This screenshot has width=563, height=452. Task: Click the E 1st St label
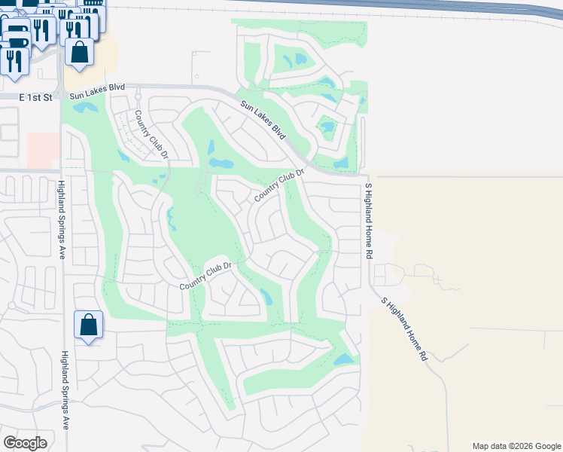click(x=36, y=98)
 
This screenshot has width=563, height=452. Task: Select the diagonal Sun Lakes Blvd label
click(x=263, y=120)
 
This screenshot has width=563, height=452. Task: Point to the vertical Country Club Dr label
click(x=150, y=135)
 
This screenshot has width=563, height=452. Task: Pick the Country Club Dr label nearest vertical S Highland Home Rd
click(x=278, y=185)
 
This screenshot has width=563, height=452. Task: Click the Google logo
click(x=26, y=443)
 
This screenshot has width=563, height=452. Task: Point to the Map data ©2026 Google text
click(x=516, y=446)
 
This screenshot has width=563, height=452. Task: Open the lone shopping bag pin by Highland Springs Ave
click(x=89, y=325)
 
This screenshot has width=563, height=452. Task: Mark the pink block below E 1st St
click(x=43, y=151)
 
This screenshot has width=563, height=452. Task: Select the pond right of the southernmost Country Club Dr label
click(x=265, y=296)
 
